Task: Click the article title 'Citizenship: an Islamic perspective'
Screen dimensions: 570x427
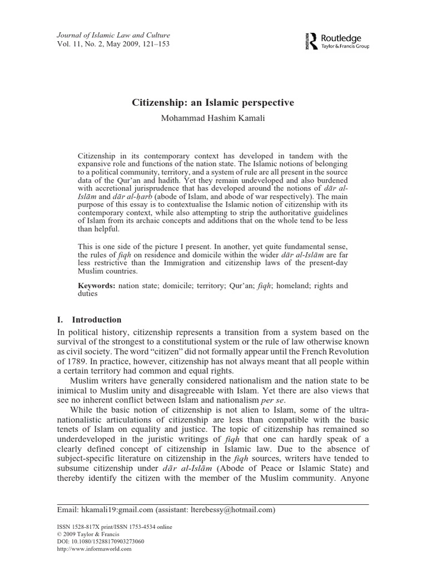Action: pos(213,103)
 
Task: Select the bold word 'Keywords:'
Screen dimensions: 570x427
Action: pos(96,286)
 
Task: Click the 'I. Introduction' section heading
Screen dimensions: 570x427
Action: pos(90,320)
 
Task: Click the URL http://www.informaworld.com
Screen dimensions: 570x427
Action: pos(95,548)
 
